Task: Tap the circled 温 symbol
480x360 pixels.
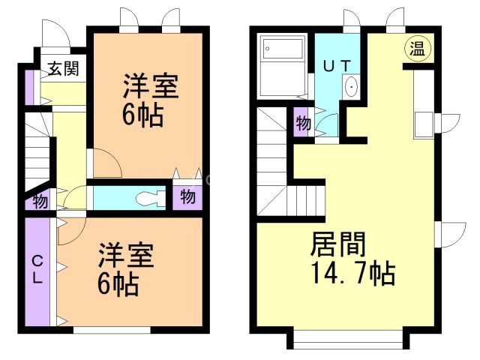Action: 417,50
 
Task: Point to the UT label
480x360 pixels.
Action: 335,65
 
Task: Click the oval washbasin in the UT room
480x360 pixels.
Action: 352,88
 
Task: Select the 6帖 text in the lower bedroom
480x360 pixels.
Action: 118,284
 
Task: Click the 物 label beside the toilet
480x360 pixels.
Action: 187,198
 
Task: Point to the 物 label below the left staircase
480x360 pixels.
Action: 40,201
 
